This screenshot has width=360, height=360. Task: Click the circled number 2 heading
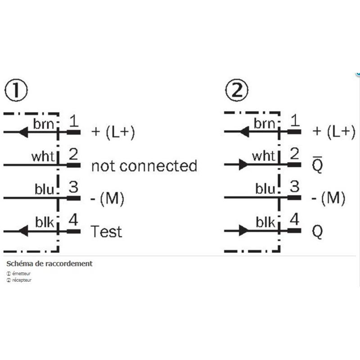point(236,91)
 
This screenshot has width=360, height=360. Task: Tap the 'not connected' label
point(144,166)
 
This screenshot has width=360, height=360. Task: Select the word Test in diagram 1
point(106,231)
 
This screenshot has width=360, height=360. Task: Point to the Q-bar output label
point(318,166)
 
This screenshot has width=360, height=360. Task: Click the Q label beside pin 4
point(318,231)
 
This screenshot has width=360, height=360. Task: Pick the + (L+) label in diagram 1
point(113,132)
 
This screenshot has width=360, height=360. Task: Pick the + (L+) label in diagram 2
point(333,132)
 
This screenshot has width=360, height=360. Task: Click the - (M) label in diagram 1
point(108,198)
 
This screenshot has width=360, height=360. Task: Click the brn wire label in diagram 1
point(43,123)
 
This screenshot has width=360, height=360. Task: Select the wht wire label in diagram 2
point(263,156)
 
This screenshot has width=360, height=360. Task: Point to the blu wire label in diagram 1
point(44,189)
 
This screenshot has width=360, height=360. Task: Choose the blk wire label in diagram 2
point(265,222)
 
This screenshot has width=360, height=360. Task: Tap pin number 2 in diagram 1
point(74,154)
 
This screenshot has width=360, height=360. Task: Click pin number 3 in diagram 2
point(294,187)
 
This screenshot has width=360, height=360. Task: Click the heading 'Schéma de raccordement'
point(49,264)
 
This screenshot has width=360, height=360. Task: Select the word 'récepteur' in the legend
point(22,280)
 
